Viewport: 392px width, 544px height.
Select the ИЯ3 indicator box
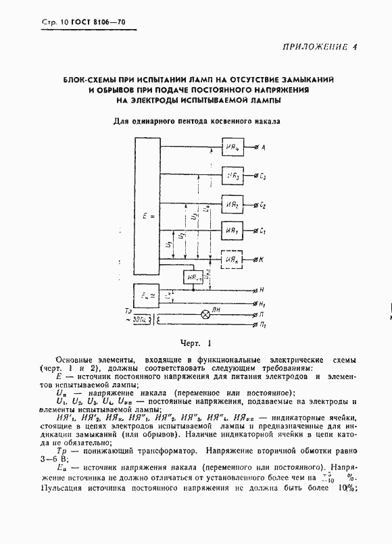(x=235, y=176)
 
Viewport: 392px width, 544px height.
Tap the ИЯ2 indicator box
(x=235, y=205)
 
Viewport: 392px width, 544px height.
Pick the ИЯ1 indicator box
(x=235, y=232)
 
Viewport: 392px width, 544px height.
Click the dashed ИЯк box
(x=235, y=259)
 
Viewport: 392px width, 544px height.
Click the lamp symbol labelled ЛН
(x=207, y=315)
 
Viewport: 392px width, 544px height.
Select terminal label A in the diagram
(x=263, y=147)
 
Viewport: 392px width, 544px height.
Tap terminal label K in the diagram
(x=262, y=259)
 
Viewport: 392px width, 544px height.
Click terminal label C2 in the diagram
(x=263, y=205)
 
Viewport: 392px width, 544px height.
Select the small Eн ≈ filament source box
(x=145, y=295)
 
